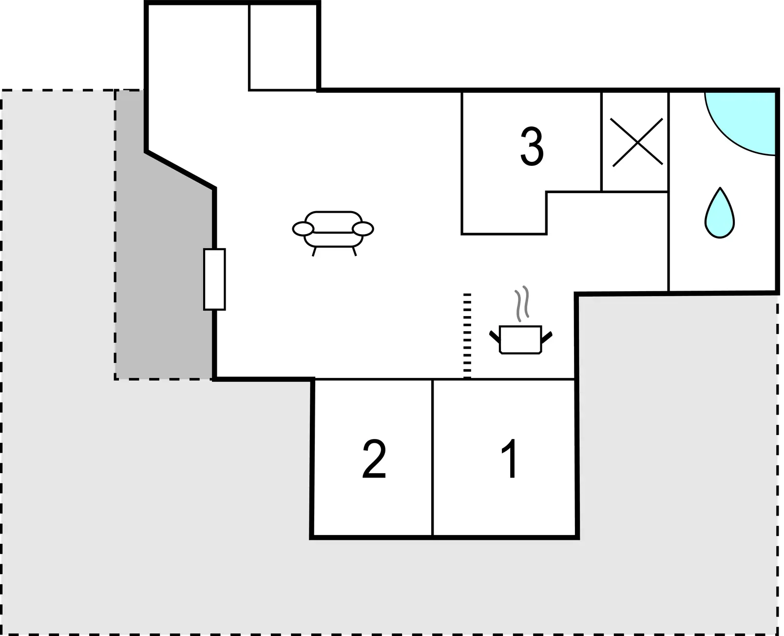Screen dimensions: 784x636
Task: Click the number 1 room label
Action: (510, 458)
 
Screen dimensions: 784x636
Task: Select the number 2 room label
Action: (374, 458)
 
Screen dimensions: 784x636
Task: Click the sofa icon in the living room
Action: (333, 233)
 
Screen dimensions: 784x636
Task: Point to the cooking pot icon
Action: (520, 339)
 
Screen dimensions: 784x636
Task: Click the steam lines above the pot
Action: (522, 304)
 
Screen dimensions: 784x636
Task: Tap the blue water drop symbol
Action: (720, 213)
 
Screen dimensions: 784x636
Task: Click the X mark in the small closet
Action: (637, 142)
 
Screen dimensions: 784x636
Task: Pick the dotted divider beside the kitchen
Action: (467, 336)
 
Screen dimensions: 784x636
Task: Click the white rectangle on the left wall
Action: (214, 279)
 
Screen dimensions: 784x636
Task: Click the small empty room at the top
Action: (283, 47)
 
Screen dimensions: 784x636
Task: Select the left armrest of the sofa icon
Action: (303, 229)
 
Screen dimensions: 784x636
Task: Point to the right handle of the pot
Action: (547, 337)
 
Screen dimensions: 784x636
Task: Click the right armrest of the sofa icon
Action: (363, 229)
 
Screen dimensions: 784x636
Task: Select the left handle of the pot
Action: (495, 337)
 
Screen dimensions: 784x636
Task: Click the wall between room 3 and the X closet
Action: (601, 142)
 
